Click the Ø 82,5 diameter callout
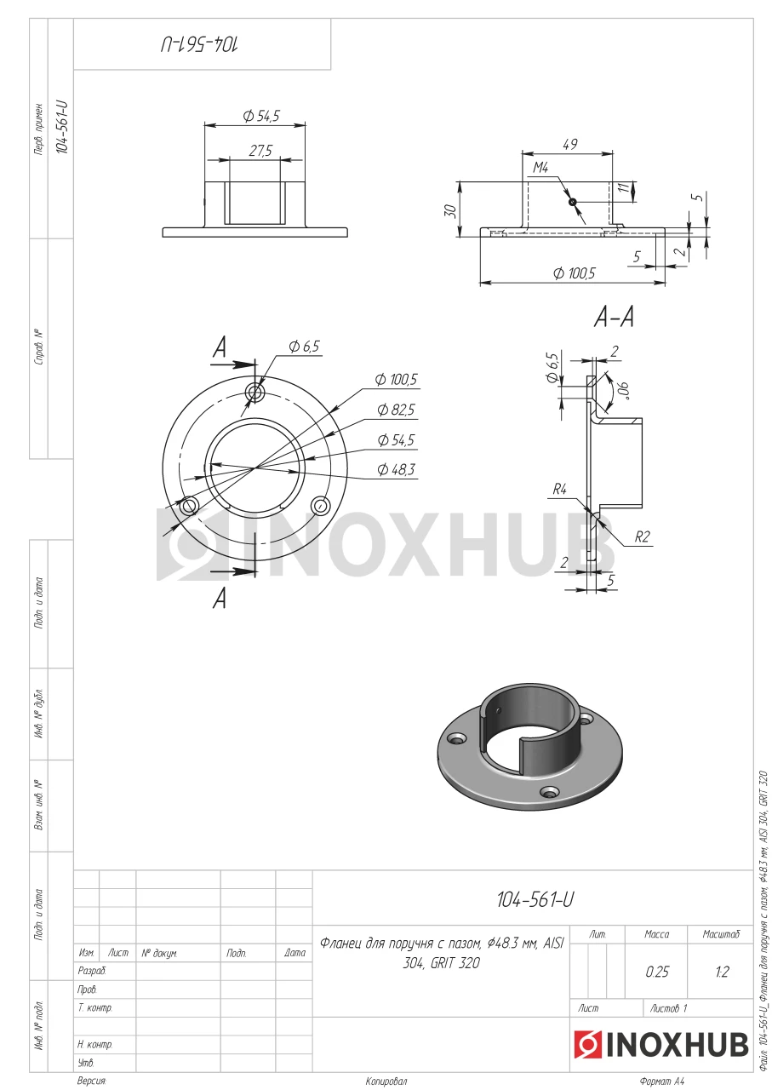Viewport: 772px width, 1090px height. click(x=396, y=410)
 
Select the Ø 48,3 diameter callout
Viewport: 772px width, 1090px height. click(x=396, y=469)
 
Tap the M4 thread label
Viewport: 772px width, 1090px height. click(x=540, y=168)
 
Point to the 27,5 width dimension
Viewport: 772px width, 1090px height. click(x=260, y=151)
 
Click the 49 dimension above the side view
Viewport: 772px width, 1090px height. click(x=569, y=145)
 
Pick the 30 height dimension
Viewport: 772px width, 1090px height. click(x=451, y=210)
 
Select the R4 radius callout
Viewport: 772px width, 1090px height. click(x=559, y=489)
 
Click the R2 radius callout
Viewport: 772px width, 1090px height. click(x=642, y=536)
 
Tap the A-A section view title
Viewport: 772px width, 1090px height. click(x=614, y=318)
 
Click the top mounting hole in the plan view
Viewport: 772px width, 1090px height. click(x=255, y=393)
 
